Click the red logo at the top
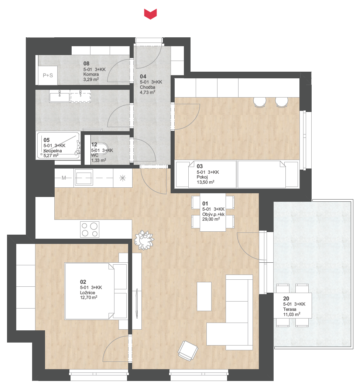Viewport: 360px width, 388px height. [x=150, y=14]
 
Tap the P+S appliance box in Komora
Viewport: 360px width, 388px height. [x=48, y=75]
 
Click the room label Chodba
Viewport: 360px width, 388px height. [x=148, y=87]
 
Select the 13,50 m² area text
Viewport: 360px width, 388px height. [x=205, y=182]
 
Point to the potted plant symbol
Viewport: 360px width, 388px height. [x=144, y=240]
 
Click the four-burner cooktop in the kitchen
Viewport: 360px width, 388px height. [x=89, y=229]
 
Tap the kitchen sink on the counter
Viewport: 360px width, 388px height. [x=83, y=177]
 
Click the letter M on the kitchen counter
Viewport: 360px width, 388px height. [x=64, y=178]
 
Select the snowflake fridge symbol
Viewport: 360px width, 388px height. [x=122, y=178]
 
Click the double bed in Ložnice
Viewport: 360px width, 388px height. [x=96, y=291]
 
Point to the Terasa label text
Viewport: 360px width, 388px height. [x=289, y=309]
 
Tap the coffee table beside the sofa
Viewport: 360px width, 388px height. [x=204, y=296]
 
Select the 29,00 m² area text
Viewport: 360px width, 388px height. [x=211, y=219]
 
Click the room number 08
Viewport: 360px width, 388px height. [x=86, y=64]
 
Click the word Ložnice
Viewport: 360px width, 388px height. [x=88, y=293]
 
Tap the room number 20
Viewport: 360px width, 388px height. [x=286, y=299]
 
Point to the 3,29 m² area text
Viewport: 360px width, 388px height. [x=91, y=79]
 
